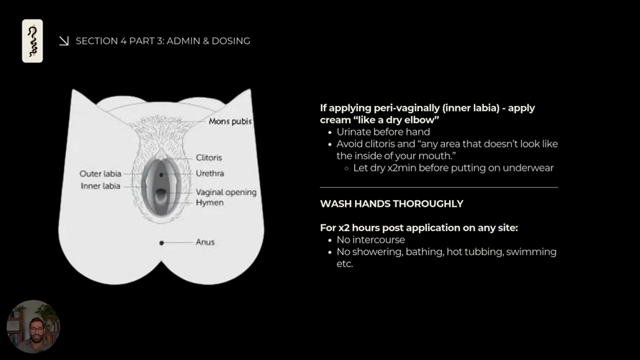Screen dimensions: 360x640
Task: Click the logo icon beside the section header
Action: (x=32, y=41)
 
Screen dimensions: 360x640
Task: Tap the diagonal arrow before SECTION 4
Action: (x=64, y=41)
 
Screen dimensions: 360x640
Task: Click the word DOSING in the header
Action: (x=232, y=41)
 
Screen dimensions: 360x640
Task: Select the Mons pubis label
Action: (x=230, y=122)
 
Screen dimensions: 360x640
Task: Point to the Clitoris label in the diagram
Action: (x=209, y=158)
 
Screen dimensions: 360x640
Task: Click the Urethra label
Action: (x=209, y=174)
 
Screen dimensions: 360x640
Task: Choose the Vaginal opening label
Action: (x=226, y=192)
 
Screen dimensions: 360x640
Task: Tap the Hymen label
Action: (x=209, y=203)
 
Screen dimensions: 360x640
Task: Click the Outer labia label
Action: (x=100, y=174)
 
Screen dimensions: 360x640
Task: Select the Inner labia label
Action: (x=100, y=186)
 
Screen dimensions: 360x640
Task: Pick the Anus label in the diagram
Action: (x=205, y=243)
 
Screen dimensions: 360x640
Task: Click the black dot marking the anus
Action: (x=161, y=243)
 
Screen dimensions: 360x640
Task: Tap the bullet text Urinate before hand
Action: (x=383, y=132)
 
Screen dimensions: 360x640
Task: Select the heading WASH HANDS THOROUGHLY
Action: (x=392, y=204)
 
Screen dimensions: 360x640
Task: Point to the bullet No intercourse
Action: (x=371, y=240)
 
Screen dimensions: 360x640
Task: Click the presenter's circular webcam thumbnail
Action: (x=33, y=326)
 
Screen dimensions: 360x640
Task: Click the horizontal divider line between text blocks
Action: (x=439, y=187)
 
